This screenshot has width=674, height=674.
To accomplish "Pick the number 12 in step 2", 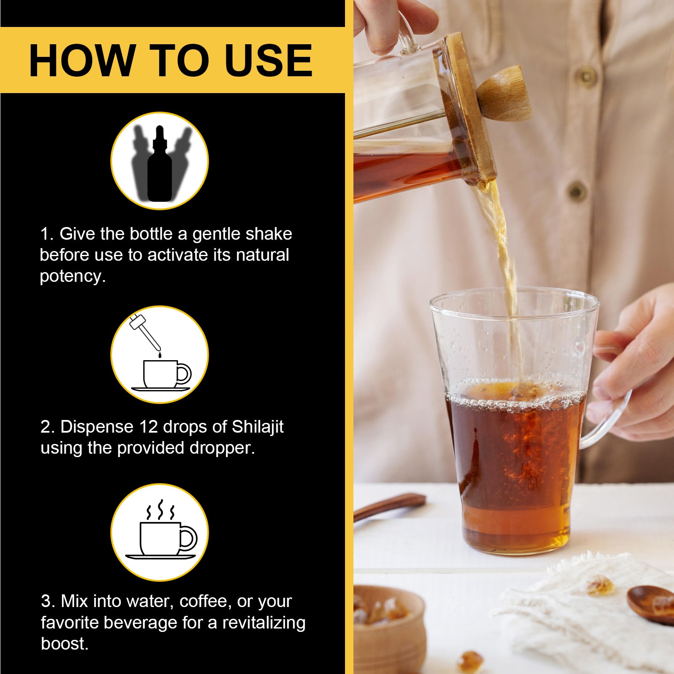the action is (148, 427).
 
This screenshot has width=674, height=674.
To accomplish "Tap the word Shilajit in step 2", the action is (257, 427).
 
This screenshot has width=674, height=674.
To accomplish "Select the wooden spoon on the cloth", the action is (651, 604).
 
